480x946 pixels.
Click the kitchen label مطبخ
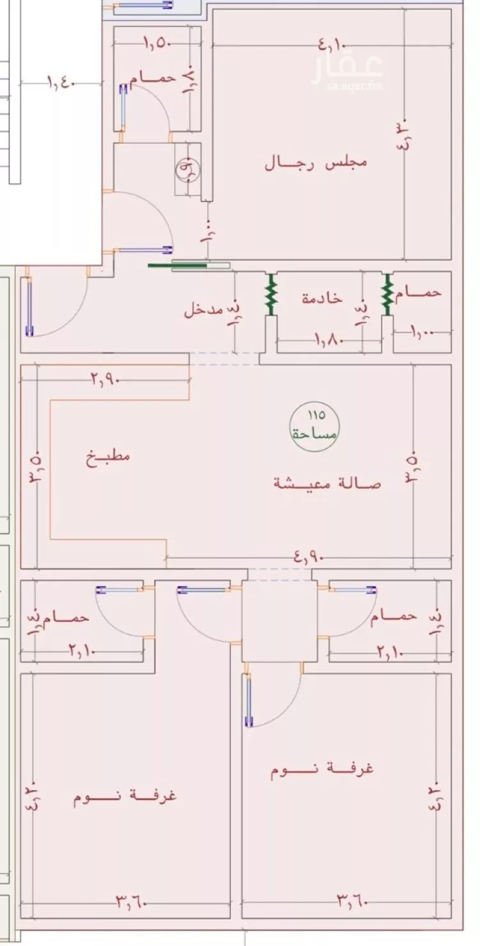(x=109, y=457)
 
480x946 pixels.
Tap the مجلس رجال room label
(x=316, y=162)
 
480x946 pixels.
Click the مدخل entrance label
(x=204, y=311)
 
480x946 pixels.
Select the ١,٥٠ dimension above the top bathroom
(x=155, y=44)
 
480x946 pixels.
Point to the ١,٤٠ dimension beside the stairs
(x=62, y=83)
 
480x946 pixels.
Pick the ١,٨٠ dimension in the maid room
(x=330, y=340)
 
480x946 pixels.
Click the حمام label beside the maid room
(x=419, y=293)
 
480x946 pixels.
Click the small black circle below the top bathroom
(x=188, y=169)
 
